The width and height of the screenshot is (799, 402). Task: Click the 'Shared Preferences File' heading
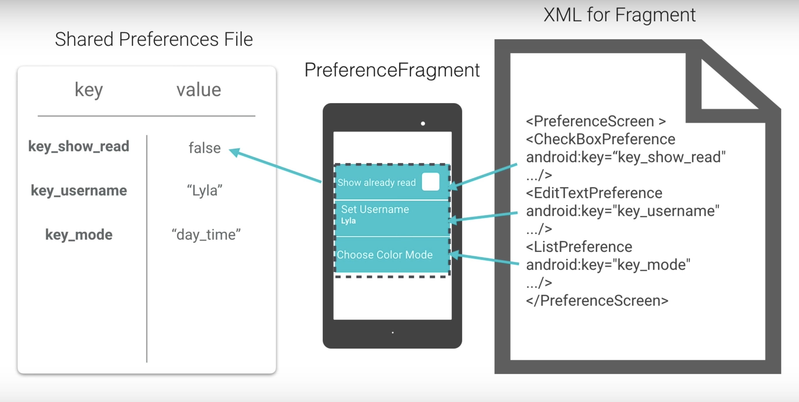[x=154, y=39]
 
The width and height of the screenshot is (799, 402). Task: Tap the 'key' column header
[x=89, y=90]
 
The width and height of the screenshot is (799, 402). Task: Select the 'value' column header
[x=199, y=90]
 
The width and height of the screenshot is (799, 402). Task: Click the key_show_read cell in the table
[x=79, y=146]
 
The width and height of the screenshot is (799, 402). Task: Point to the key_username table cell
[x=79, y=190]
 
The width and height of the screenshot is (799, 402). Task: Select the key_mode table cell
[x=79, y=235]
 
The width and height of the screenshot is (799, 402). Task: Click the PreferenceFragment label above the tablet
[x=392, y=70]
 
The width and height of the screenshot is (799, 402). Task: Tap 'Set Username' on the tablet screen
[x=375, y=209]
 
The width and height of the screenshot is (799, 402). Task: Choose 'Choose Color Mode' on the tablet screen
[x=385, y=255]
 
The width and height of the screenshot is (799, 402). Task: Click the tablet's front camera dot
[x=423, y=124]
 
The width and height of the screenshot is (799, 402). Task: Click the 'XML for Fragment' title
[x=620, y=15]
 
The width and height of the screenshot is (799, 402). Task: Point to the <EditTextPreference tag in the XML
[x=594, y=193]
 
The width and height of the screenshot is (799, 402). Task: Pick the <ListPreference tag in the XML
[x=579, y=247]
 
